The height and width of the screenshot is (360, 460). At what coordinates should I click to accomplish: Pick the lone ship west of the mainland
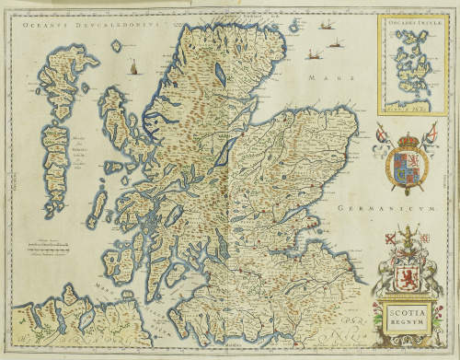[133, 66]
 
